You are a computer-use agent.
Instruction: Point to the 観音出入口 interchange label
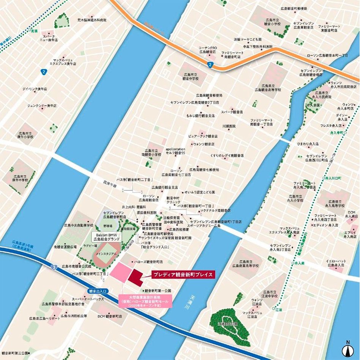pyautogui.click(x=98, y=291)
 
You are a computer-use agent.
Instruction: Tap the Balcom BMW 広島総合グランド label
pyautogui.click(x=107, y=237)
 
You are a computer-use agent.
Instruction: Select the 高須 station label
pyautogui.click(x=34, y=23)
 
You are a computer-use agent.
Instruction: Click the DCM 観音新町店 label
pyautogui.click(x=110, y=316)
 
